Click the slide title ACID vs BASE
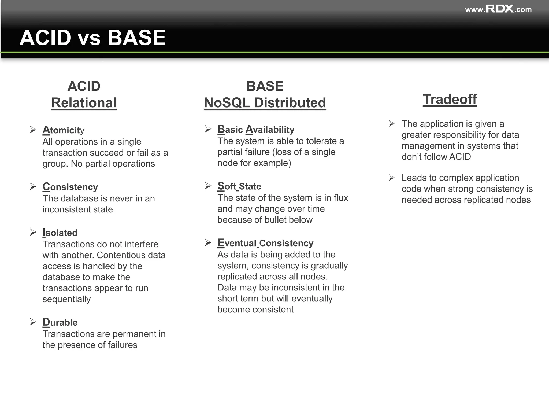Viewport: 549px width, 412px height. (x=93, y=38)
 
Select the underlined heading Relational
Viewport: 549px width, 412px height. (x=84, y=103)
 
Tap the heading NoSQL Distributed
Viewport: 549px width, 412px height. (x=265, y=103)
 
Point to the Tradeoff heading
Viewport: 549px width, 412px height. (x=450, y=100)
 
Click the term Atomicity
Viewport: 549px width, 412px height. (x=63, y=130)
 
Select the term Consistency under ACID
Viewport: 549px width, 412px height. (x=70, y=187)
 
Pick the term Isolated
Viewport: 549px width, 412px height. (x=60, y=233)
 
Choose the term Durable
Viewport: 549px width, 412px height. (x=60, y=322)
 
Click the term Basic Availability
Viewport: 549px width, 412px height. (x=256, y=129)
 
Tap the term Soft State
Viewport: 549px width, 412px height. (x=239, y=186)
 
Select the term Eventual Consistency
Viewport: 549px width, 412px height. (x=265, y=243)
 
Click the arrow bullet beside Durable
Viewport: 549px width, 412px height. (x=33, y=322)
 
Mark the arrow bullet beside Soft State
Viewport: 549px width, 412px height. (x=208, y=186)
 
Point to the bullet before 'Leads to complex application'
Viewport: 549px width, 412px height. (x=392, y=178)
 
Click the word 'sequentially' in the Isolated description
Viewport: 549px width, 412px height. (x=66, y=299)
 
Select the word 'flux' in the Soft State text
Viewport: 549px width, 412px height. (x=341, y=198)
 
